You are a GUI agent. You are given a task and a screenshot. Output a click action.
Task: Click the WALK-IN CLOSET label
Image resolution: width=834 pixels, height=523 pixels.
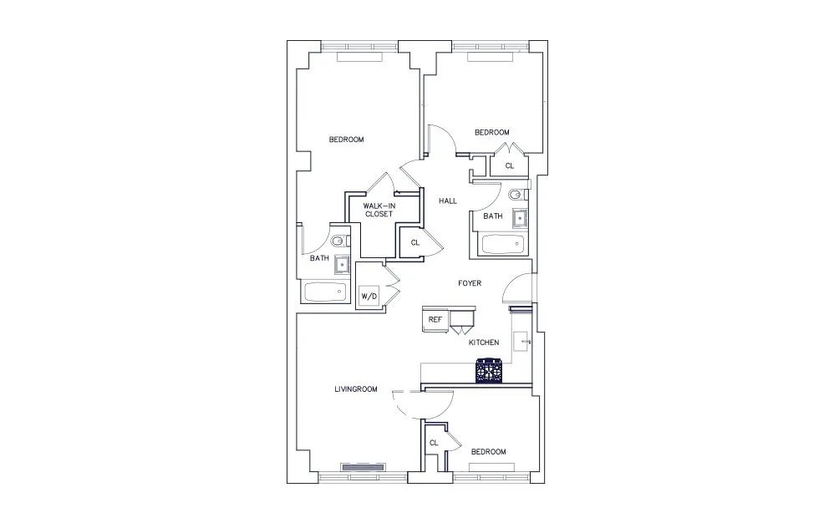[x=378, y=210]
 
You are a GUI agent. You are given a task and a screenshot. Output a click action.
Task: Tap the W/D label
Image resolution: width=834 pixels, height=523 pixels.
[x=368, y=297]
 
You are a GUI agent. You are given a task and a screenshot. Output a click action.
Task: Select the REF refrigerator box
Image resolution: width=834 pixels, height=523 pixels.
[x=435, y=320]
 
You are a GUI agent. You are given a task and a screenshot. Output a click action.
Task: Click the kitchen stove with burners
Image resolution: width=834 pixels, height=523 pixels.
[x=490, y=371]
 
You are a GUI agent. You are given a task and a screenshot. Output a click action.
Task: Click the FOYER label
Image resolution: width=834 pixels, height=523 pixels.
[x=469, y=283]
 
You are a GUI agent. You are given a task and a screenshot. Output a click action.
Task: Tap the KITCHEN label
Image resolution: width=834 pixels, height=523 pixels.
[x=483, y=343]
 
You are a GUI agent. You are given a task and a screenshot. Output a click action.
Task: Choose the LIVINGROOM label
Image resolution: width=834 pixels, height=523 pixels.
[x=356, y=389]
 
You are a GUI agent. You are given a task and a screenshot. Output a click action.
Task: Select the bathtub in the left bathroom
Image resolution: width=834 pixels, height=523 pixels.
[x=324, y=292]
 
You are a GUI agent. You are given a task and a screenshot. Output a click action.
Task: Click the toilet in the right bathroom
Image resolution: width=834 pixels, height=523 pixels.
[x=515, y=195]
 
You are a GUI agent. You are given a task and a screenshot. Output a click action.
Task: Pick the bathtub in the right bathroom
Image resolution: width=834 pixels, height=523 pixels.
[x=503, y=245]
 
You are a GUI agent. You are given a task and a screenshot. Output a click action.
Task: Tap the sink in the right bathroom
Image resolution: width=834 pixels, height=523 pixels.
[x=519, y=219]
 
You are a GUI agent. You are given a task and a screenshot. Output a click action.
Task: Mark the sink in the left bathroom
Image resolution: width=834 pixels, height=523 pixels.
[x=342, y=266]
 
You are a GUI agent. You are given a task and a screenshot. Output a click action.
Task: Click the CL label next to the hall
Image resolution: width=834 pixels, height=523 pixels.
[x=414, y=243]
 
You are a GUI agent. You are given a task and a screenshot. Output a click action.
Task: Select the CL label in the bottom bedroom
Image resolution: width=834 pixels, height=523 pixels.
[x=434, y=443]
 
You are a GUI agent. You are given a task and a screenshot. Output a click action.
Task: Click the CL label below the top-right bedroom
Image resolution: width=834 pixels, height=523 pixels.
[x=509, y=166]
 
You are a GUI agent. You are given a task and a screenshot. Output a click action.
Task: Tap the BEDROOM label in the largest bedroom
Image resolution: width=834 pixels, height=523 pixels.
[x=346, y=140]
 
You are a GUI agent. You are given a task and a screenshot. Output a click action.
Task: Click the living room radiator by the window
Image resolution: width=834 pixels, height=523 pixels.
[x=362, y=466]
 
